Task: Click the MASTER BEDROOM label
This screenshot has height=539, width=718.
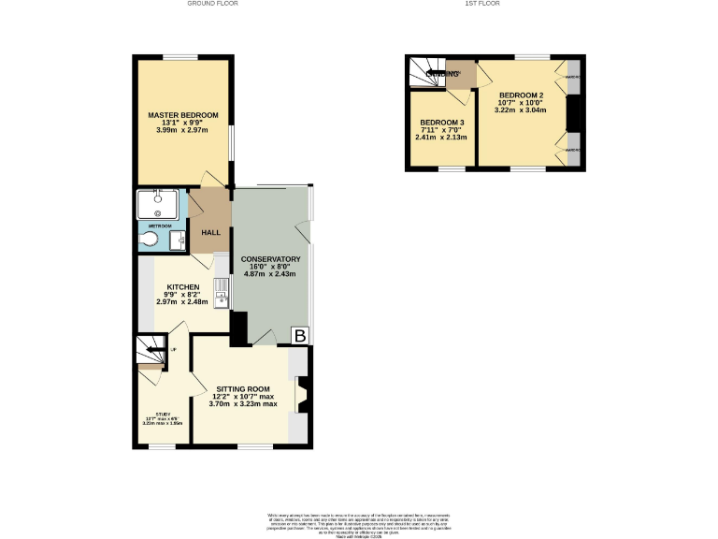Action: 183,115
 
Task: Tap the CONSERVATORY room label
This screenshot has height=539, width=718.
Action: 270,258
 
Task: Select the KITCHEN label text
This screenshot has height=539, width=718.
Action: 182,286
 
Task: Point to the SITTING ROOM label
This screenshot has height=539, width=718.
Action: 243,388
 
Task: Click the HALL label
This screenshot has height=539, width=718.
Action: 209,233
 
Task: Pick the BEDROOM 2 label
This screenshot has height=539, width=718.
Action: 521,95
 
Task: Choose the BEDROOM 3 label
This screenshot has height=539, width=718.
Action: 441,124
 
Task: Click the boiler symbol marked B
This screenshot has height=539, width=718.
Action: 300,336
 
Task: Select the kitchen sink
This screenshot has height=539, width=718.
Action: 222,298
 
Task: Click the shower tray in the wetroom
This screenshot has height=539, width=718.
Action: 161,203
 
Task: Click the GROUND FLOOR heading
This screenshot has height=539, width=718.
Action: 213,4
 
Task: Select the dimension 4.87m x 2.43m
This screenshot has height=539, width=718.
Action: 270,274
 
